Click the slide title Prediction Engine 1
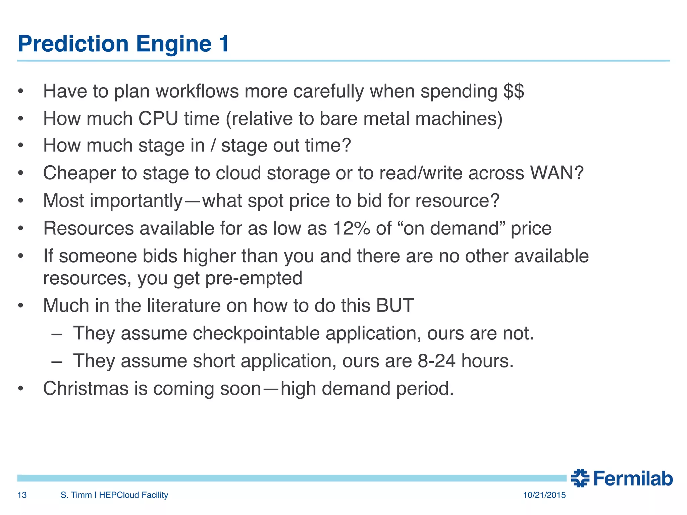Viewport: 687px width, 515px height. point(123,44)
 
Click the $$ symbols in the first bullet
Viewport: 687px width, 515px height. point(513,91)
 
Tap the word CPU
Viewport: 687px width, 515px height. point(158,119)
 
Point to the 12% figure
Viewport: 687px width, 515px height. point(352,228)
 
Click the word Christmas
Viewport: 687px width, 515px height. point(86,389)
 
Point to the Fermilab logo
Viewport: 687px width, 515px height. point(622,478)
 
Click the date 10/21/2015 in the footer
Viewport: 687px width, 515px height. point(544,495)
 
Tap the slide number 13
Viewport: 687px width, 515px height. point(22,495)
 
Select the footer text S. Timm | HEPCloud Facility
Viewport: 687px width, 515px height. point(114,495)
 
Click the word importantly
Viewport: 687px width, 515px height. point(136,201)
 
